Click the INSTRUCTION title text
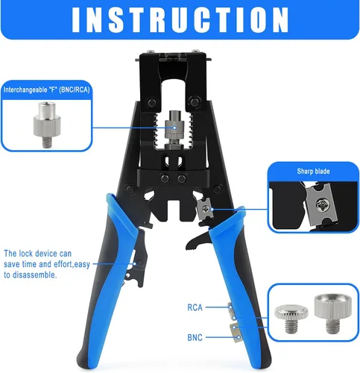(180, 19)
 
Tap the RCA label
(195, 307)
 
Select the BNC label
(195, 337)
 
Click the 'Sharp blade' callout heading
(313, 172)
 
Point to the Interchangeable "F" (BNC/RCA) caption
(46, 90)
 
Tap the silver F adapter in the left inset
(47, 125)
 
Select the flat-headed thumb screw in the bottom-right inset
(291, 319)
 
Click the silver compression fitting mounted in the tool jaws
(174, 130)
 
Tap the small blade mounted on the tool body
(205, 208)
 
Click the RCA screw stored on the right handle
(232, 311)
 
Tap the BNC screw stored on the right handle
(236, 333)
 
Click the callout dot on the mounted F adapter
(174, 128)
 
